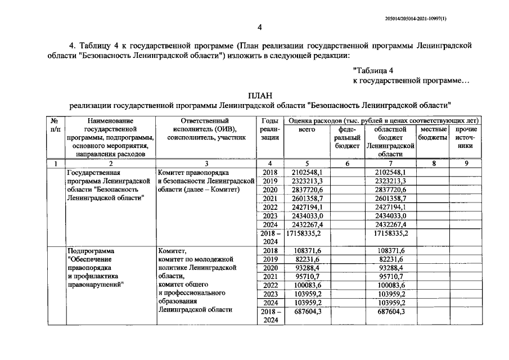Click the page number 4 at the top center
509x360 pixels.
[259, 28]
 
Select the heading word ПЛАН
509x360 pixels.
[260, 95]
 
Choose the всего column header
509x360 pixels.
[307, 129]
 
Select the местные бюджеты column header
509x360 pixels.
[433, 133]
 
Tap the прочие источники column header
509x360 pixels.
[465, 137]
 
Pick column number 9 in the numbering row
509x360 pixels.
[465, 164]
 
